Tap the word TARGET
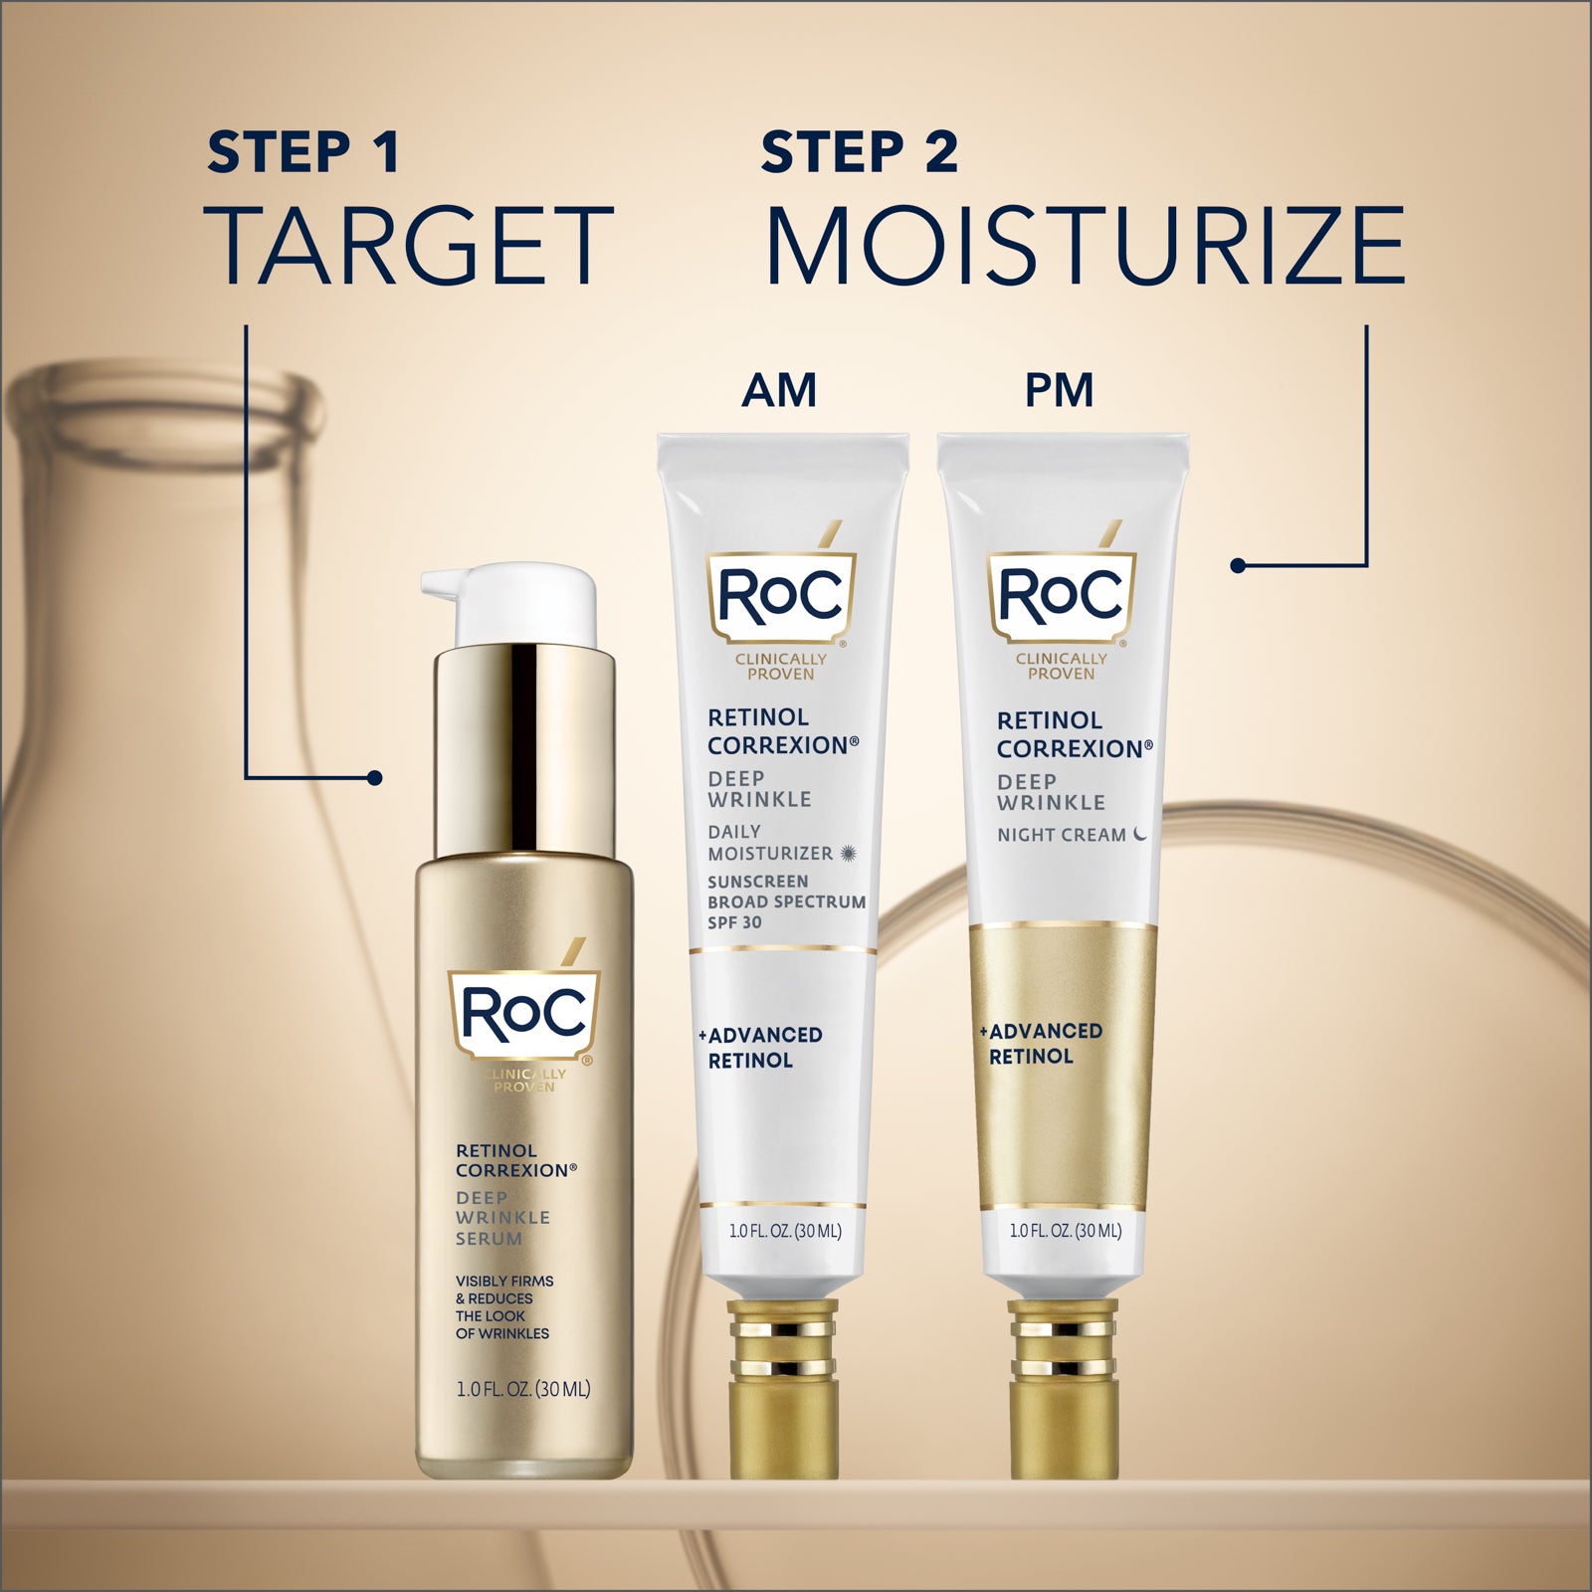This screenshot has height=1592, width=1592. pos(408,246)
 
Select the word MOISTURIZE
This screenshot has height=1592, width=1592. pos(1085,246)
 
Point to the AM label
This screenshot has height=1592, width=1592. pos(779,390)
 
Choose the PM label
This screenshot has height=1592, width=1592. pos(1059,390)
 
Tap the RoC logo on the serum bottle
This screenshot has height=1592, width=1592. pos(524,1013)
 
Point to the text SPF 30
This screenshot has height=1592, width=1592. pos(734,922)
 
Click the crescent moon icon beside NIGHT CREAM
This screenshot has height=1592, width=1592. pos(1139,834)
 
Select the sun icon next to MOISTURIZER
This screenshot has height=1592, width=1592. pos(848,853)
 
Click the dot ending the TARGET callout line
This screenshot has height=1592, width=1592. pos(374,778)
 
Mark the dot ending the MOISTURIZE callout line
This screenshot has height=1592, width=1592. pos(1238,565)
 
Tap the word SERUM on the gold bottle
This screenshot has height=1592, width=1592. pos(489,1239)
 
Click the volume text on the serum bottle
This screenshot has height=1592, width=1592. pos(523,1388)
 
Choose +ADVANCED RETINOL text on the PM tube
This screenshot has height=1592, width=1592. pos(1043,1044)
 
